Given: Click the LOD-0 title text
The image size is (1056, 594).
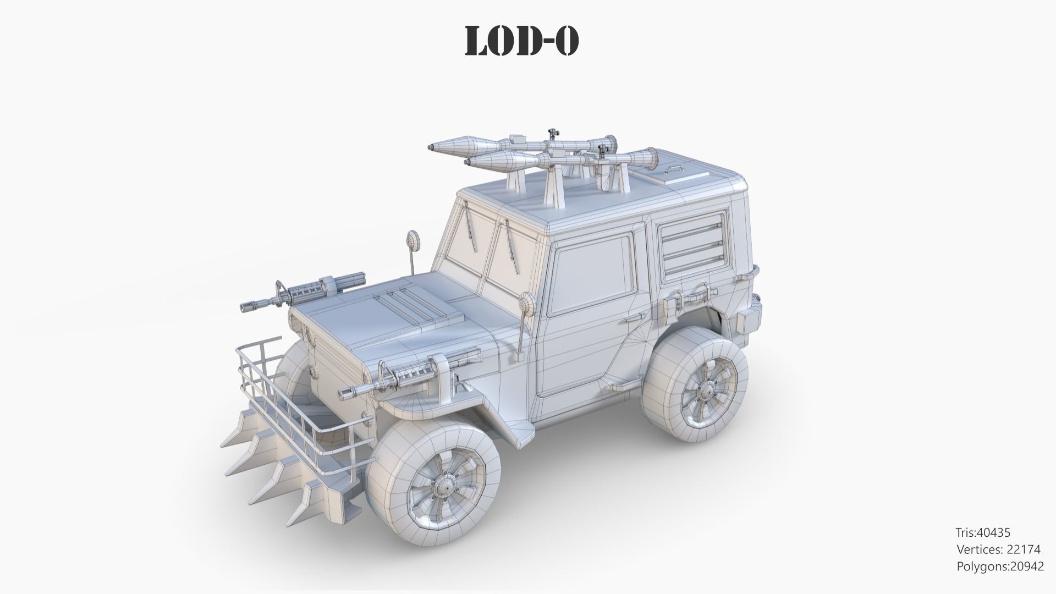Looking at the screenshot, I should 522,41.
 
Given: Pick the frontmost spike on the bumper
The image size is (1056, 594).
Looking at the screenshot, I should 300,514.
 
